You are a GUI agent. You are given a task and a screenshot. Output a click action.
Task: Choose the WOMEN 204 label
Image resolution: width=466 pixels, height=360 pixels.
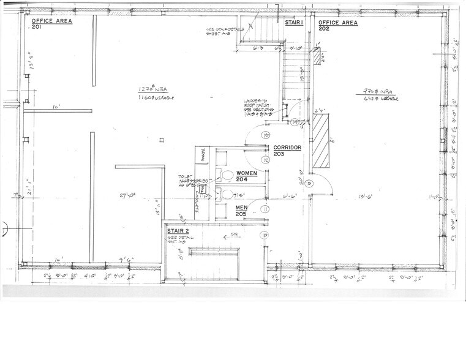247,176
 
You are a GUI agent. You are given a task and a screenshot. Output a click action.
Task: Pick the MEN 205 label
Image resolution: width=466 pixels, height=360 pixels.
242,211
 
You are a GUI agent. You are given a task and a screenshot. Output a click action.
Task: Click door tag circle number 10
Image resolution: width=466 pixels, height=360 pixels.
265,235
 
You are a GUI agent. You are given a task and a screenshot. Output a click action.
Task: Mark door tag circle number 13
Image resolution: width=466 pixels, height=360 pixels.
266,134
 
